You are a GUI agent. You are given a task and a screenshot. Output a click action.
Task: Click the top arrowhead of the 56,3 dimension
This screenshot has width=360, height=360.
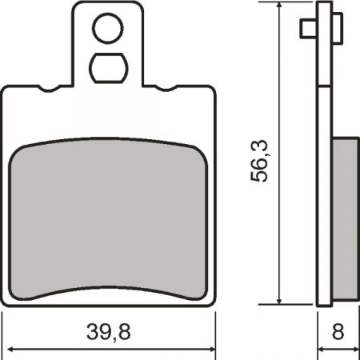pyautogui.click(x=280, y=8)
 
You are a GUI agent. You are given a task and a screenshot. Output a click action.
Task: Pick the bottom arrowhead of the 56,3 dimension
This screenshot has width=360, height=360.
pyautogui.click(x=280, y=300)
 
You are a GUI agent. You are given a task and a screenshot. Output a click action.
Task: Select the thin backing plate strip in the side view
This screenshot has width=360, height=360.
pyautogui.click(x=323, y=160)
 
